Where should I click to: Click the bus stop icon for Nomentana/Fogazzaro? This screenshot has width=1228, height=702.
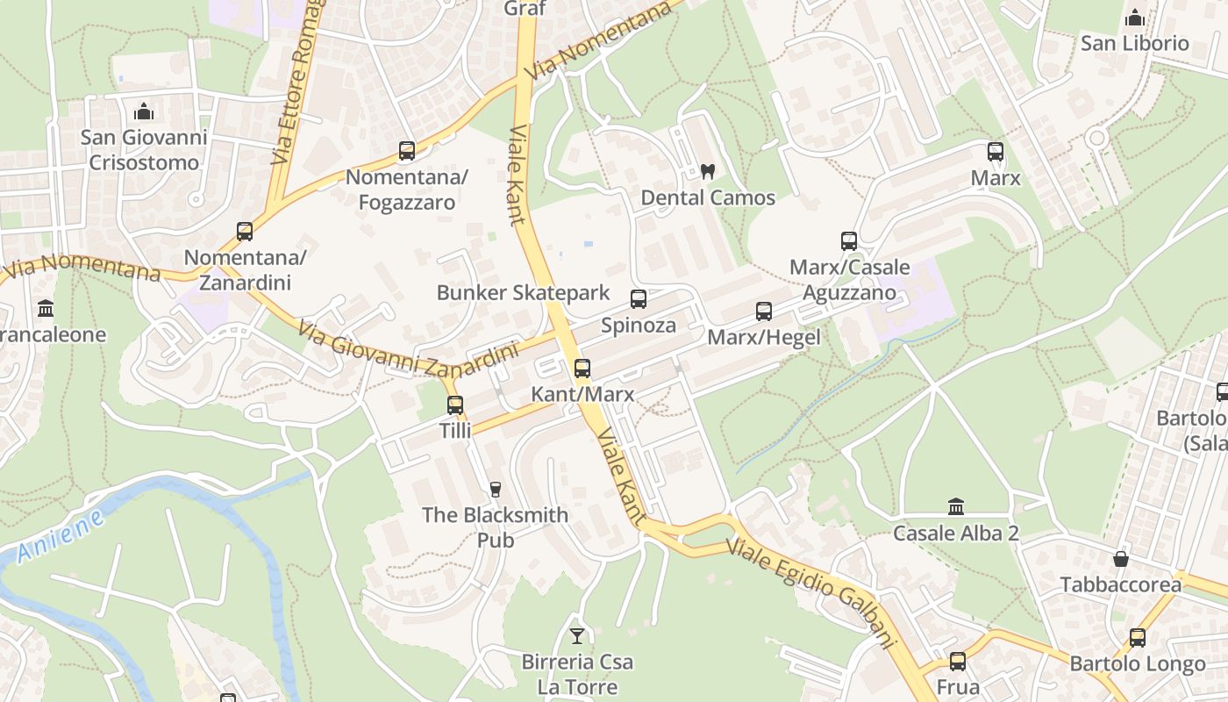pos(406,151)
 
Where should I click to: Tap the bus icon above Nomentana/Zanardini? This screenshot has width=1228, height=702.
pos(245,232)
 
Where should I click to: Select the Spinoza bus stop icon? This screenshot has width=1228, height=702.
pos(639,299)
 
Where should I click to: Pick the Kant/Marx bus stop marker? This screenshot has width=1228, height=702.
pos(582,369)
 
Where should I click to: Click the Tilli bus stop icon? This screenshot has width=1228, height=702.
pos(455,405)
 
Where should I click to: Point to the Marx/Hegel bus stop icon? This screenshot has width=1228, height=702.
pos(764,311)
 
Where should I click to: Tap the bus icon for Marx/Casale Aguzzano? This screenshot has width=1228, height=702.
pos(848,241)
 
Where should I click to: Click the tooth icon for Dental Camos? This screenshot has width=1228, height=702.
pos(708,172)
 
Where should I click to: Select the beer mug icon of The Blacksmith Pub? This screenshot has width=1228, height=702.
pos(496,489)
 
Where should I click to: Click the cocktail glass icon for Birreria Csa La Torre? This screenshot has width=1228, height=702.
pos(577,635)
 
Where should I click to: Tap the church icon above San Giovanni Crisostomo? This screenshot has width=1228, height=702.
pos(144,111)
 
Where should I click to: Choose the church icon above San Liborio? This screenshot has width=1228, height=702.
pos(1134,18)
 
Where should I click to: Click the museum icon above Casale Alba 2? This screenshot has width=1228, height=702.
pos(956,506)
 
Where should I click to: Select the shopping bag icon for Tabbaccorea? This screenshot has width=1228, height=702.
pos(1120,558)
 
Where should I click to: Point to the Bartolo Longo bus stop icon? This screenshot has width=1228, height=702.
pos(1138,638)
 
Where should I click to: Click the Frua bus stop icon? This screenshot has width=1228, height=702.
pos(958,661)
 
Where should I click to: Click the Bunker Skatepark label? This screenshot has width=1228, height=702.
pos(523,292)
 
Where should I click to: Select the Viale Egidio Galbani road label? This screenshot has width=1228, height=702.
pos(812,593)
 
